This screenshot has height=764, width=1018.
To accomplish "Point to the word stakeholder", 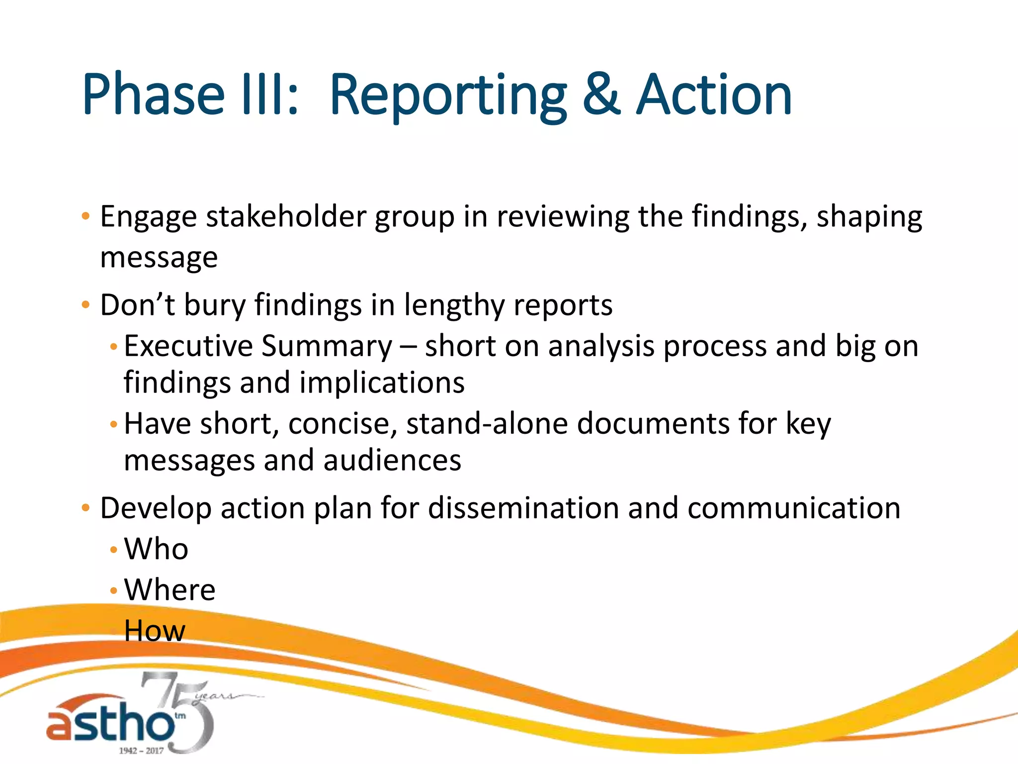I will coord(286,217).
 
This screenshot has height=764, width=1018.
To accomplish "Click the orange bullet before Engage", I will coord(85,217).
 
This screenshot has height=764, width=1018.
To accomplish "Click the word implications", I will coord(382,383).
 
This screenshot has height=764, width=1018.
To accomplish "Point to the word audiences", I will coord(392,461).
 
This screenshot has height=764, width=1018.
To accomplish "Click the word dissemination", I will coord(523,508).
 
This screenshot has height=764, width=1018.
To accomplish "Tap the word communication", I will coord(794,508).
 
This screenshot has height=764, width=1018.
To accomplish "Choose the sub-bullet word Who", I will coord(156,549).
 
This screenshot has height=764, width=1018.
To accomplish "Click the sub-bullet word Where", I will coord(170,590).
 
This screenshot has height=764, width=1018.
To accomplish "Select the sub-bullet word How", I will coord(155,631).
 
